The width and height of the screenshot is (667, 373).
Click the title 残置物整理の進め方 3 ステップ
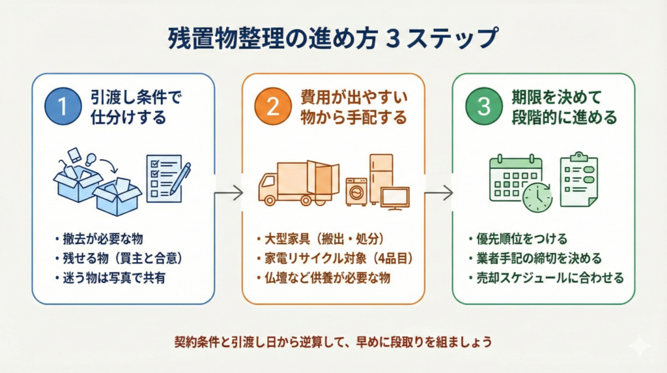[x=332, y=38]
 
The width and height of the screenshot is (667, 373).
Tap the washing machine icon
[x=356, y=192]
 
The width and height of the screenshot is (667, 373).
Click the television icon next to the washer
[x=395, y=197]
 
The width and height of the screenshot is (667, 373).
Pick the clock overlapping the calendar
[x=537, y=196]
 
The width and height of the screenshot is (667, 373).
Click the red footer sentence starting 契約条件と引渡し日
[x=332, y=341]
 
